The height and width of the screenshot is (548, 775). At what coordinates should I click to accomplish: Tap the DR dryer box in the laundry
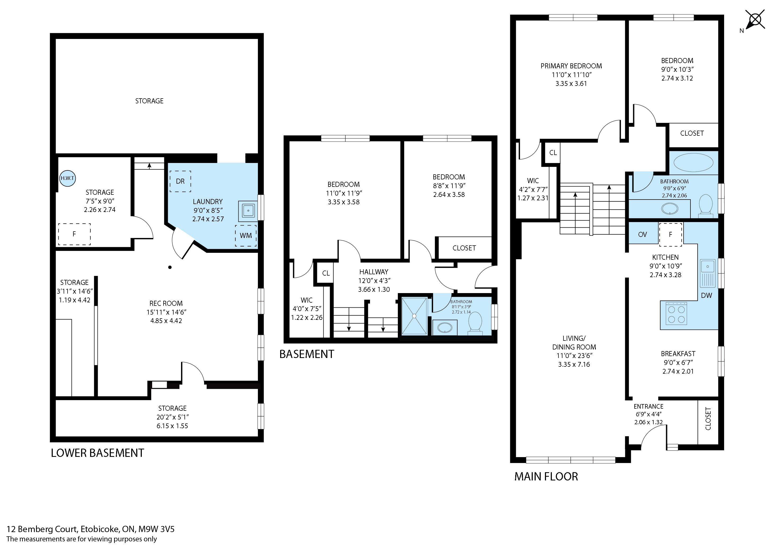(x=180, y=181)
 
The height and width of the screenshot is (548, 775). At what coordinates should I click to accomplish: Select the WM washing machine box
(x=246, y=235)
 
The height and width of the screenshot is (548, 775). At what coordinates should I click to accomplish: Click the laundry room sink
(x=248, y=211)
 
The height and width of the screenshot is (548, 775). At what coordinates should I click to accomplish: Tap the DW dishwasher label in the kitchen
(x=706, y=295)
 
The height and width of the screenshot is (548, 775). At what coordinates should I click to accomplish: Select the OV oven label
(x=642, y=234)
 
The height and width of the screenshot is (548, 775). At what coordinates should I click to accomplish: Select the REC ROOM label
(x=166, y=303)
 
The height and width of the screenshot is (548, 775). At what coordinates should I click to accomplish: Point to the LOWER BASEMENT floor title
(x=98, y=453)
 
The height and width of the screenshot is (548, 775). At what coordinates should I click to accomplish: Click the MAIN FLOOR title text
(x=546, y=476)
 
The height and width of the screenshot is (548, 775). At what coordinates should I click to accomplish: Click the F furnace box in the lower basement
(x=74, y=234)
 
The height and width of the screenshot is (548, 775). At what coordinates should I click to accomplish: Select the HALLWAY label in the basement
(x=374, y=272)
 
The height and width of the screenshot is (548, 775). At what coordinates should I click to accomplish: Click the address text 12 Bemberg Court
(x=42, y=529)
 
